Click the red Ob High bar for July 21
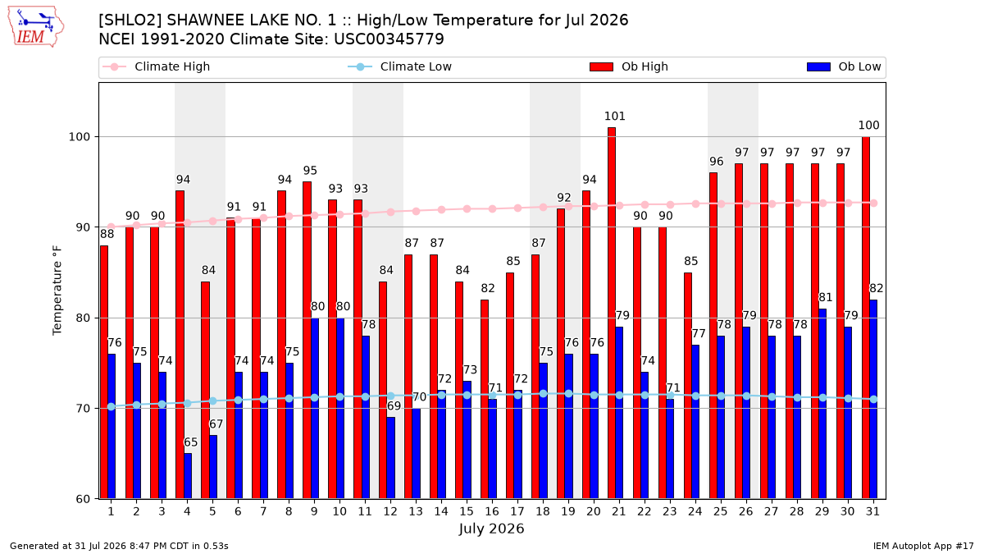pos(612,313)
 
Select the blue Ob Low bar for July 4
pos(188,476)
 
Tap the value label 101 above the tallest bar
pos(614,116)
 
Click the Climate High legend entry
pos(156,66)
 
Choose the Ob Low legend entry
pos(844,66)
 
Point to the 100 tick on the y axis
pos(79,137)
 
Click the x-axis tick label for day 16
pos(492,511)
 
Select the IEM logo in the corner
pos(36,26)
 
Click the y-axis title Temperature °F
pos(57,291)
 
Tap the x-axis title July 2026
pos(491,529)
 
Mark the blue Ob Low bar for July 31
pos(873,399)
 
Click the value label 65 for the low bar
pos(190,442)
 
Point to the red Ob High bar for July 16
pos(485,399)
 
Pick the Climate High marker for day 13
pos(416,212)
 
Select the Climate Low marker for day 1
pos(112,407)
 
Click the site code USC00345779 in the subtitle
pos(389,39)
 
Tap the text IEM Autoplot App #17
pos(923,546)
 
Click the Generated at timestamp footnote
pos(119,546)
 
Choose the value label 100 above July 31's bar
pos(869,126)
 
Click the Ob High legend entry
pos(629,66)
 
